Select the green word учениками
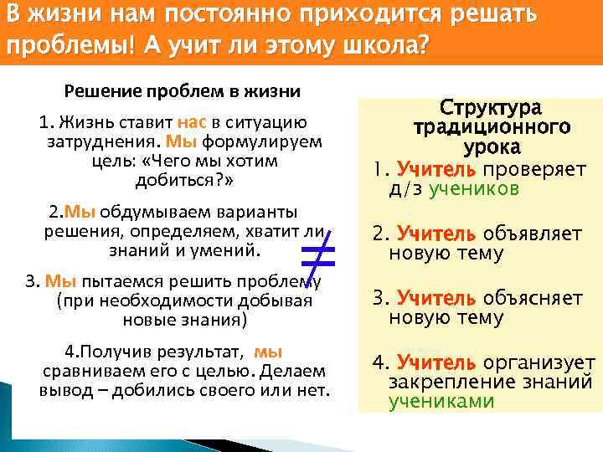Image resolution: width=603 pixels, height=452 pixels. (441, 401)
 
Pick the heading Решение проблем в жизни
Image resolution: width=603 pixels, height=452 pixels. (182, 90)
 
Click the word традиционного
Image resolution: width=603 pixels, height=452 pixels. (491, 127)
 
